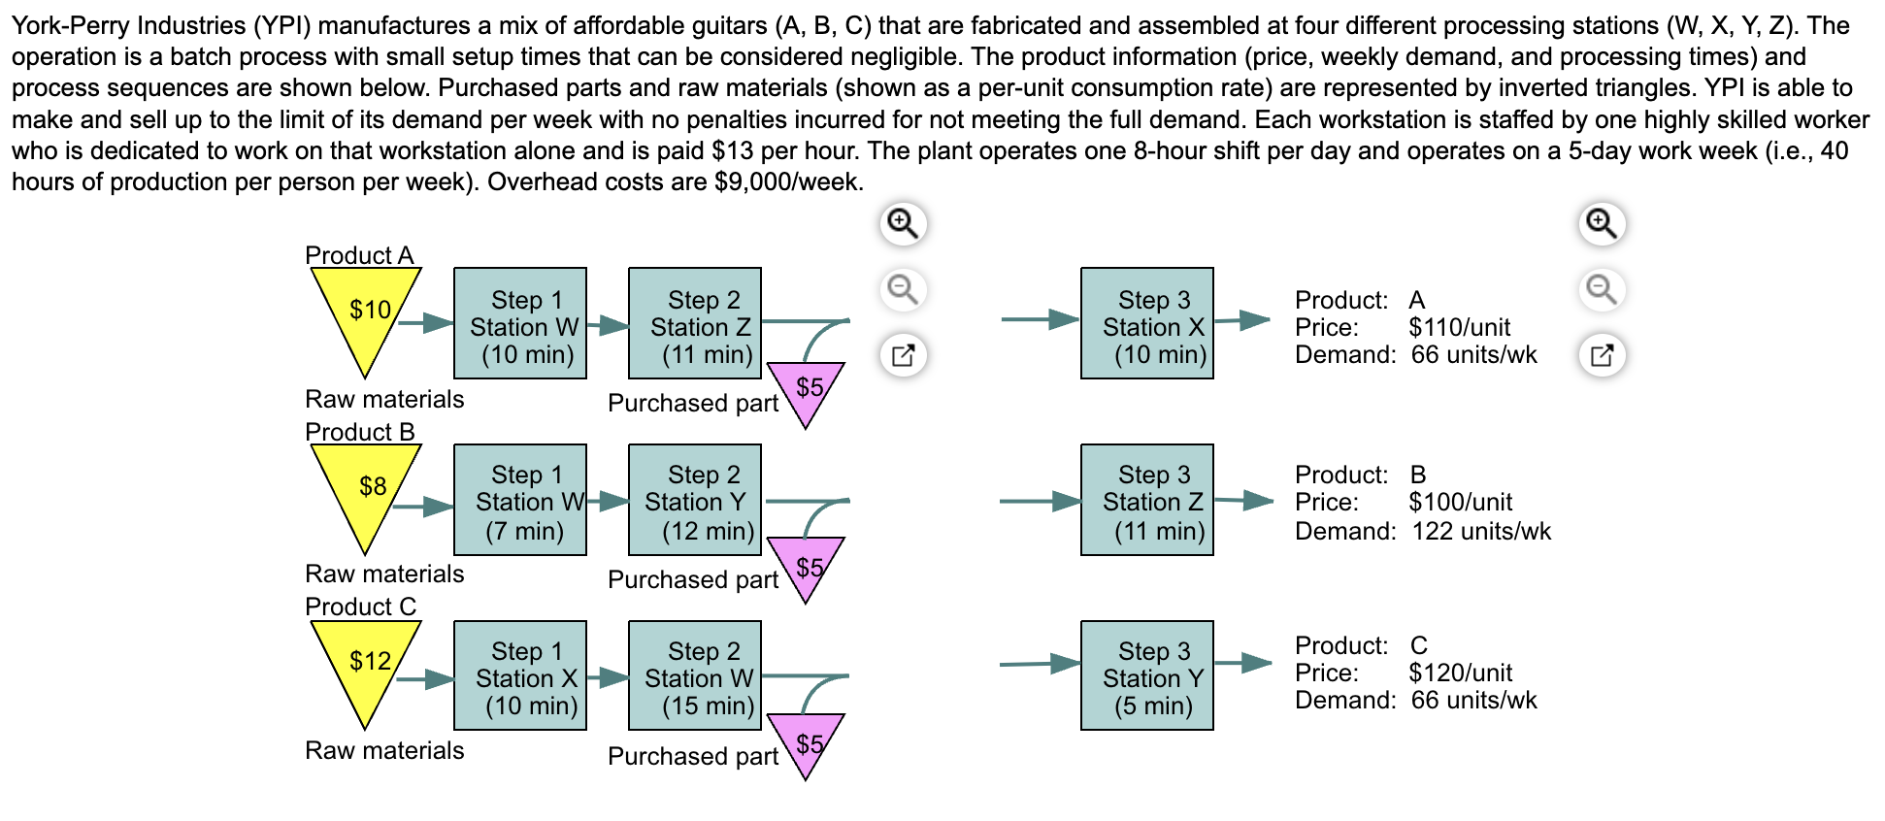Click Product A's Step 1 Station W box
520,323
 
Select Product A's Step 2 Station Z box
695,323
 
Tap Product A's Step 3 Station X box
1147,323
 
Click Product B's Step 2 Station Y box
695,500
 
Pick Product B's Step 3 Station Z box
1147,500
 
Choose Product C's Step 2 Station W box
695,675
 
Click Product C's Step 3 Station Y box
1147,675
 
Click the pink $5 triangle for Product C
806,740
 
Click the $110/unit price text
1459,327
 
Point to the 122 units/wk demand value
1480,531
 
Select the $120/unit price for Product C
1460,673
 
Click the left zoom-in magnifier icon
904,224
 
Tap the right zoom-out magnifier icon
1603,289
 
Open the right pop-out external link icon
1603,354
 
